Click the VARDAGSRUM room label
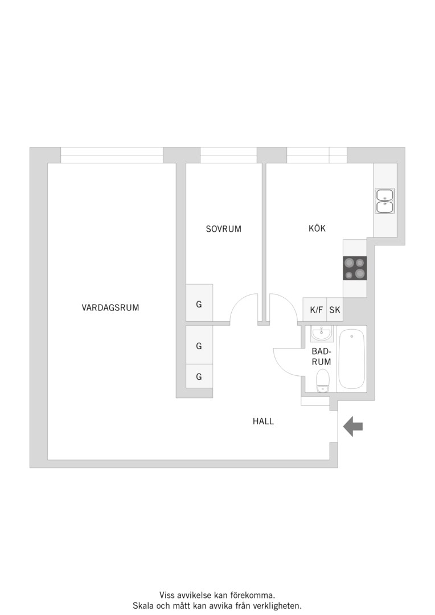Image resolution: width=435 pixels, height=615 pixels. point(110,307)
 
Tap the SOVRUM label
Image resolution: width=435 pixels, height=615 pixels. point(224,229)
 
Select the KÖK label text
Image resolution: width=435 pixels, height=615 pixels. point(317,228)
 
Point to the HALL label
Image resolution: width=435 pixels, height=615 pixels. point(263,421)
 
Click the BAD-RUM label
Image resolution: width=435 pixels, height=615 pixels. point(321,356)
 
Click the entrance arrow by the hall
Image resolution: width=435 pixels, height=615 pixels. point(353,427)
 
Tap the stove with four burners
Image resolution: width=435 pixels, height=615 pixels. point(355,268)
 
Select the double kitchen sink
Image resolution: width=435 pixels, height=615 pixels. point(385,201)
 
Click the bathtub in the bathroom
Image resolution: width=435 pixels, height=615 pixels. point(351,359)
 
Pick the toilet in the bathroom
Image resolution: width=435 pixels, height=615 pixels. point(323,380)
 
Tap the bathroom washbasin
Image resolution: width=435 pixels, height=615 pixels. point(322,334)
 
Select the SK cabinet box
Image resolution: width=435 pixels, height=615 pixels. point(335,310)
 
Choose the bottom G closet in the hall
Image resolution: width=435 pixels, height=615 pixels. point(199,376)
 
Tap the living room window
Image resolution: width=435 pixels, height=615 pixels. point(112,155)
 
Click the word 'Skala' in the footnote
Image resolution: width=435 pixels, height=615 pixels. point(143,605)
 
